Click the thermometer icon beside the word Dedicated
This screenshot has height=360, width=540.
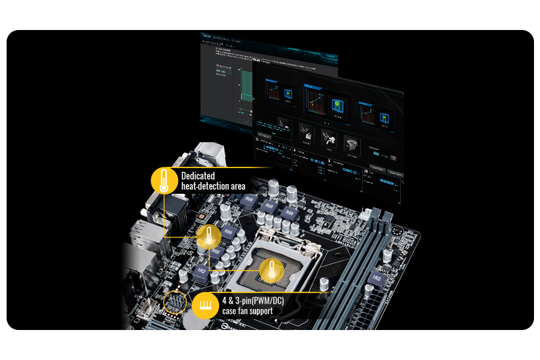tap(164, 181)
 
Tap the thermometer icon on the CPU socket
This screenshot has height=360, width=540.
tap(271, 271)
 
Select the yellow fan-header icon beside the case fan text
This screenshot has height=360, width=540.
tap(205, 306)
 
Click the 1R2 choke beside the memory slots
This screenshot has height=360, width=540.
tap(376, 280)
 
